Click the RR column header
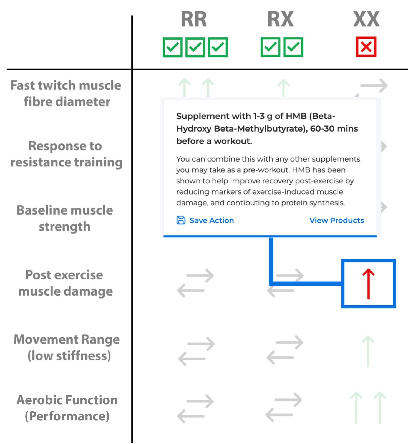point(194,19)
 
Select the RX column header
point(281,19)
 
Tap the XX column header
point(366,19)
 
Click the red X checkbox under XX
point(366,47)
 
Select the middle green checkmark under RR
point(195,47)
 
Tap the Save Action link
point(211,220)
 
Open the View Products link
point(336,220)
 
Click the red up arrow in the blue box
point(368,284)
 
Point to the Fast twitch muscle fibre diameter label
point(66,93)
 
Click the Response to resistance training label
point(66,154)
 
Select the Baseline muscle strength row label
point(65,218)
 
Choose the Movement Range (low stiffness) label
point(67,347)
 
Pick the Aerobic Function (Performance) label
point(67,408)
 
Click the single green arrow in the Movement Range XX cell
point(368,351)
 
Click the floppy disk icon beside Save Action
point(181,220)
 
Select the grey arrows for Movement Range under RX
point(285,350)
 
